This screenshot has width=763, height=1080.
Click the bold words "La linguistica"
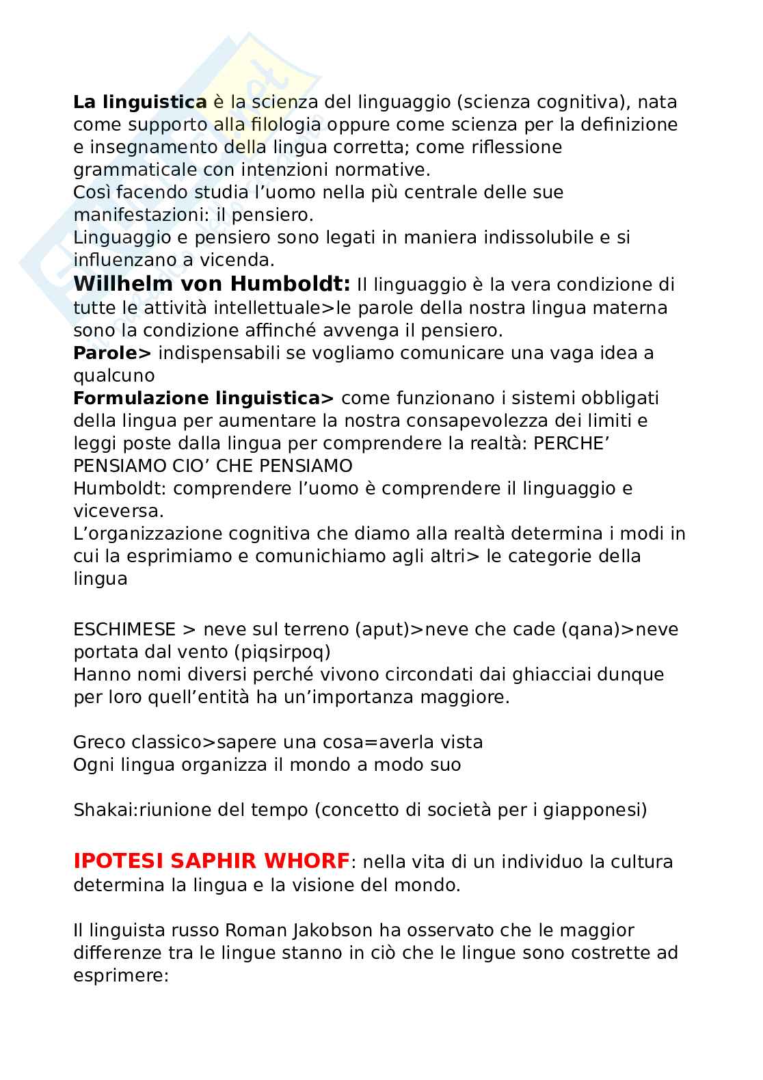click(x=139, y=103)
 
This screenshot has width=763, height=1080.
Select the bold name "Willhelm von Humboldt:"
click(x=212, y=284)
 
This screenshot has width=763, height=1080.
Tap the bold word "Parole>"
click(x=112, y=353)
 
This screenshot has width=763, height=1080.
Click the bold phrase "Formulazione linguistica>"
click(x=204, y=398)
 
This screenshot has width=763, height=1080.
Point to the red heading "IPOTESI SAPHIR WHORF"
click(x=211, y=861)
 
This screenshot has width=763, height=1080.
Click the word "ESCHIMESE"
click(x=124, y=629)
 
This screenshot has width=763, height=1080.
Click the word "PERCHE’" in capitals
click(x=571, y=444)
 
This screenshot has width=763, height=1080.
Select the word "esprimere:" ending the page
click(x=121, y=975)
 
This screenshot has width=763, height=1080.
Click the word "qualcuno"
click(x=114, y=376)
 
